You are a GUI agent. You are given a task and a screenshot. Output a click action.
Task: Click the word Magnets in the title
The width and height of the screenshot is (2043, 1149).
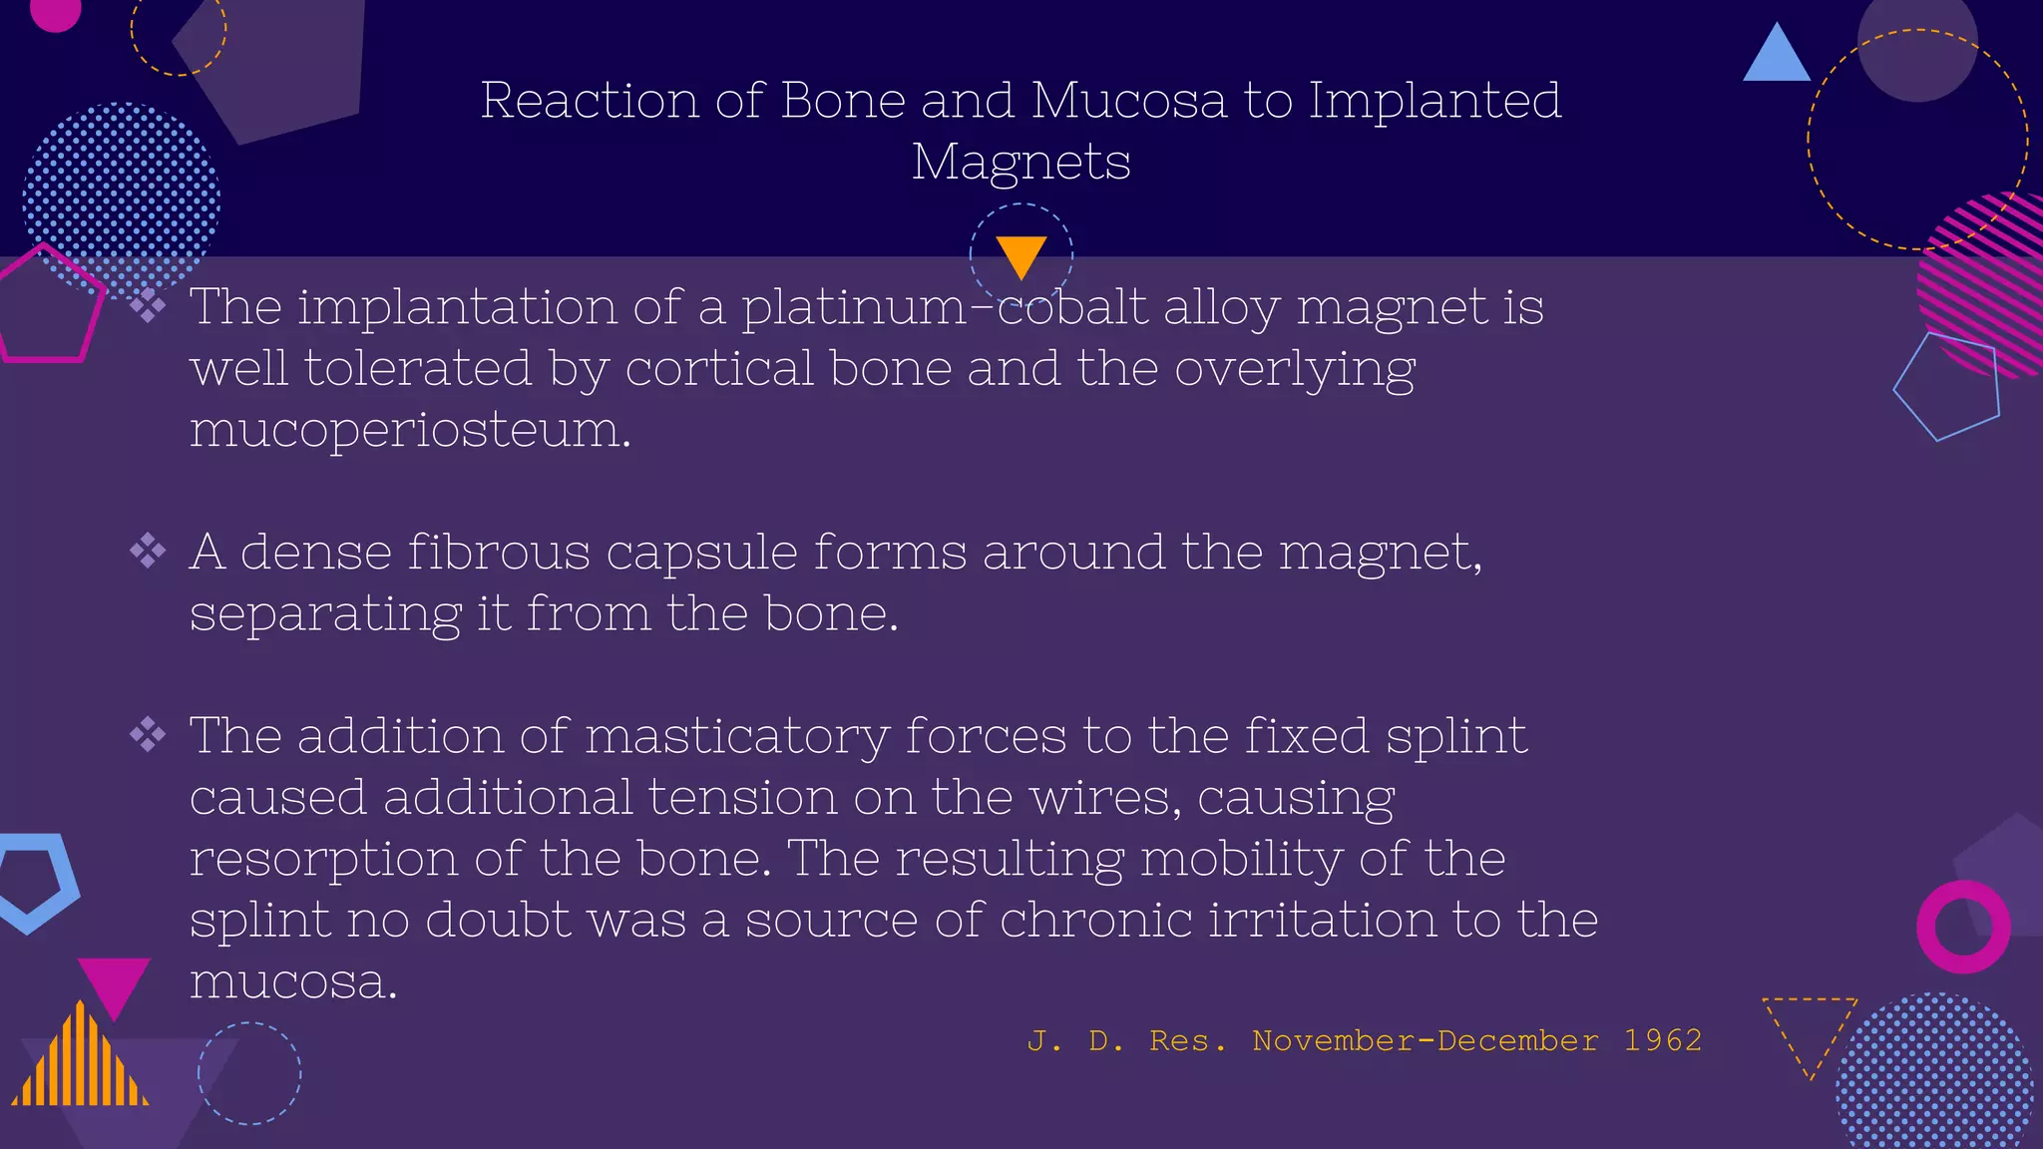click(x=1021, y=163)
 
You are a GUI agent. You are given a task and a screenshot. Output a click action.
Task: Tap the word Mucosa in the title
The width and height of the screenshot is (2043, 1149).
click(x=1128, y=101)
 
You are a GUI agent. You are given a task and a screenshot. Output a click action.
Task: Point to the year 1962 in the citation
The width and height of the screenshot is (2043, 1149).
click(x=1662, y=1040)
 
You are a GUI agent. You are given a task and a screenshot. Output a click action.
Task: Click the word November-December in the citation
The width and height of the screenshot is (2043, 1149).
click(x=1426, y=1040)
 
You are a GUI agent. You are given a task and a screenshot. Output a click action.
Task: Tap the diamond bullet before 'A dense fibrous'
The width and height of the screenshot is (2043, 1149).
click(x=148, y=551)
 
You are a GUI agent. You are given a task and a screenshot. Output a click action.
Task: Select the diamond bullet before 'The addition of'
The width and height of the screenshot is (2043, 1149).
click(x=148, y=735)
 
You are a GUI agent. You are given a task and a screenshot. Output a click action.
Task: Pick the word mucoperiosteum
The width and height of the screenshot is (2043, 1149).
click(x=410, y=430)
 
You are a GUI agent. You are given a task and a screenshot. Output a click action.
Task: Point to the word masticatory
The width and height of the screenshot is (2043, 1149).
click(x=736, y=737)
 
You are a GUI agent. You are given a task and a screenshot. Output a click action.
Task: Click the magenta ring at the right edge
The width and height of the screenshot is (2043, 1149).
click(x=1962, y=927)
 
